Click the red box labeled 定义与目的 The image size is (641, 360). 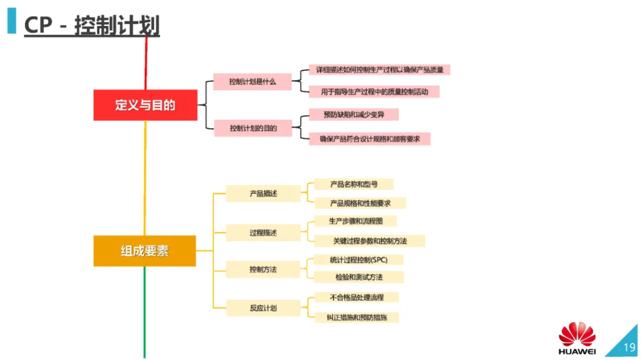coord(145,106)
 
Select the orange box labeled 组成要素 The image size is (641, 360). coord(145,251)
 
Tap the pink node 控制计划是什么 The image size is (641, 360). coord(252,82)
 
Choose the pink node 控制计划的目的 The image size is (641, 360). coord(253,128)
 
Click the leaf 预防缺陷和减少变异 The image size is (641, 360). coord(353,114)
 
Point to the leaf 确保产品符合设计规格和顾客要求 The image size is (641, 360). coord(369,139)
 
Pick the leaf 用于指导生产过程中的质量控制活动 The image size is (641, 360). coord(374,92)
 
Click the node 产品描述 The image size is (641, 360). coord(263,194)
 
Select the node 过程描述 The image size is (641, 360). coord(263,233)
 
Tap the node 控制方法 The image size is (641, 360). coord(263,270)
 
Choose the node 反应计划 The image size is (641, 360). coord(263,308)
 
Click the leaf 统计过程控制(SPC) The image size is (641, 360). coord(358,260)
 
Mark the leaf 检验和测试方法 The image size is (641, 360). coord(358,277)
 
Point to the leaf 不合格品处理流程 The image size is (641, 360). coord(356,297)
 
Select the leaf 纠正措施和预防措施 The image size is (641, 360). coord(356,317)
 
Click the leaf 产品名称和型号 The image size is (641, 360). coord(353,184)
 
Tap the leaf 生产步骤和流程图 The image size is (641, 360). coord(355,221)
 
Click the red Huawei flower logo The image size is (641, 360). coord(576,334)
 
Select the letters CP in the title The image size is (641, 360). coord(37,27)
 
